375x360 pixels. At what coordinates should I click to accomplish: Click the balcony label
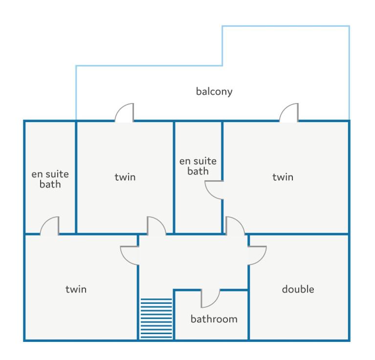click(214, 91)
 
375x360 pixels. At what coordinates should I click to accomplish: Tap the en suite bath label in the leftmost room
click(50, 179)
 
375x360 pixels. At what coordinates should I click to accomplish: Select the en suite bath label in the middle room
click(198, 166)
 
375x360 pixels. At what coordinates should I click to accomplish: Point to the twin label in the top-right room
click(283, 177)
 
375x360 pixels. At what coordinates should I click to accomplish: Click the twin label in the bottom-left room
click(76, 289)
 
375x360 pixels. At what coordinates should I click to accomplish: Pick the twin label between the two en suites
click(125, 177)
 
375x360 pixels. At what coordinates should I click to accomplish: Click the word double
click(298, 289)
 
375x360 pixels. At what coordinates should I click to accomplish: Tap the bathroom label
click(214, 319)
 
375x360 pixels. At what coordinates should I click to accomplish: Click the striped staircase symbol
click(156, 318)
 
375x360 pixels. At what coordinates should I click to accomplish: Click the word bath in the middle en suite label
click(198, 171)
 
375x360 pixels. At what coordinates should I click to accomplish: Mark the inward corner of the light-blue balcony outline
click(222, 65)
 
